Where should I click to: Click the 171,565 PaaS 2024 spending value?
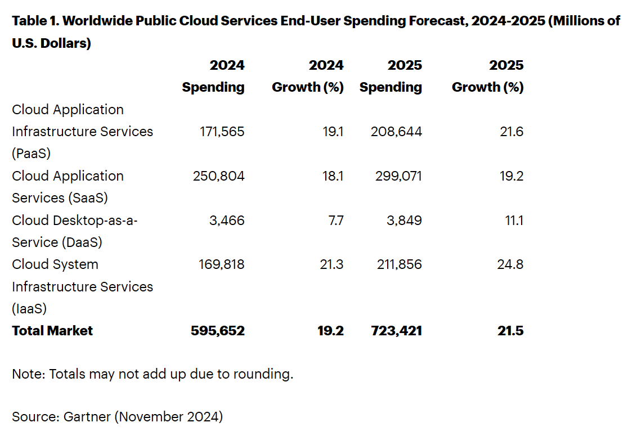pos(222,132)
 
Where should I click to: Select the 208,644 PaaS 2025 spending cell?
pos(396,132)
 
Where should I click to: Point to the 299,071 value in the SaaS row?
pos(398,176)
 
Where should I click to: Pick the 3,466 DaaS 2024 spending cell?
pos(227,220)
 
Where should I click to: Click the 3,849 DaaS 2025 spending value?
pos(404,220)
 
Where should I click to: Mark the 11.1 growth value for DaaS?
pos(514,220)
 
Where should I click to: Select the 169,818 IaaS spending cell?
pos(222,264)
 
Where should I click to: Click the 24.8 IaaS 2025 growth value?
pos(511,264)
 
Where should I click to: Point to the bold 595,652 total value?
pos(218,331)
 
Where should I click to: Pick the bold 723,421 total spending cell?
pos(396,331)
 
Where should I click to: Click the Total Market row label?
pos(52,331)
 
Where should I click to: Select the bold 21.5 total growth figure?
pos(510,331)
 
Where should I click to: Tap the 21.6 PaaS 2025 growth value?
pos(512,132)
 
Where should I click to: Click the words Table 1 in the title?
pos(34,21)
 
